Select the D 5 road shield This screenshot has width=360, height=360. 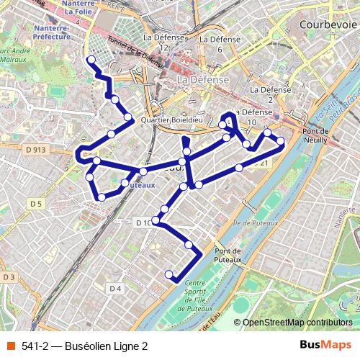36,204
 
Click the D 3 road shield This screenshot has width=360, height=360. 9,277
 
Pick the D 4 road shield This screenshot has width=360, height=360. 115,289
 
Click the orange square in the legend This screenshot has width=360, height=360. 11,346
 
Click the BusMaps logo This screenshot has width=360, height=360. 325,345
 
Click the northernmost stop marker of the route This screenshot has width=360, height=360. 91,59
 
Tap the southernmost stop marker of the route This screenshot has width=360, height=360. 169,274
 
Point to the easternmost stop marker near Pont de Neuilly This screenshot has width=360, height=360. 281,141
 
